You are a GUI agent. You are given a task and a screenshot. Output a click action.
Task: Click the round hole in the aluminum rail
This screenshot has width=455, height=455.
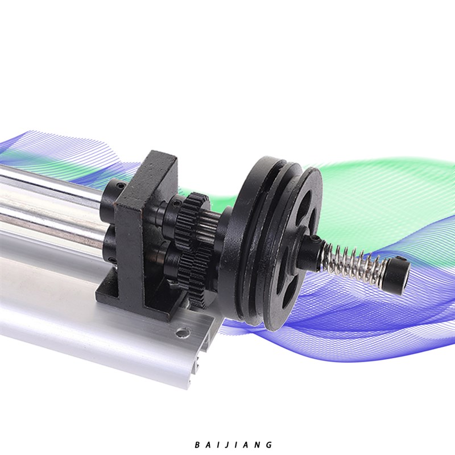(x=183, y=332)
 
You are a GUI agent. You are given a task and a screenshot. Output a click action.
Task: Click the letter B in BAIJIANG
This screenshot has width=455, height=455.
(x=197, y=445)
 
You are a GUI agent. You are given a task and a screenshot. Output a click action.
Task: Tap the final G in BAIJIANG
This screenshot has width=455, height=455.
(x=269, y=445)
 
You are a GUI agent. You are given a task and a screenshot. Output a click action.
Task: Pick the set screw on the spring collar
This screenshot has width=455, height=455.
(x=315, y=238)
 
